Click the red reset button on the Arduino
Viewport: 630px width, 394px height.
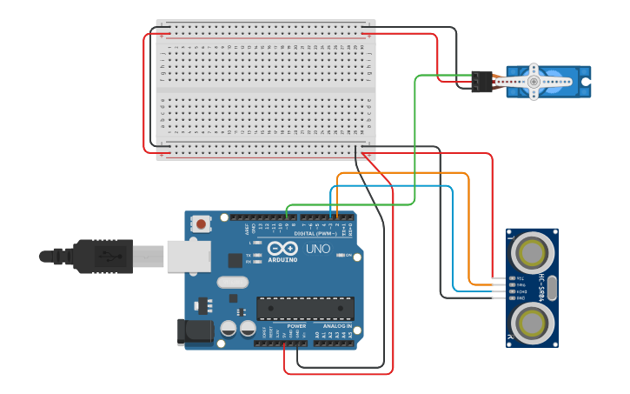(x=202, y=224)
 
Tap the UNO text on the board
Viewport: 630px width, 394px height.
(x=319, y=249)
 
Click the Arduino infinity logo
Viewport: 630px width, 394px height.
(x=282, y=248)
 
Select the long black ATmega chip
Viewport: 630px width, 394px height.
(x=305, y=308)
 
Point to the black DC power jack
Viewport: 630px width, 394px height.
(x=195, y=331)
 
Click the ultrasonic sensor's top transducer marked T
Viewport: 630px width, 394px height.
(x=530, y=253)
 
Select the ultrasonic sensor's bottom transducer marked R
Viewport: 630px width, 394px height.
(x=530, y=321)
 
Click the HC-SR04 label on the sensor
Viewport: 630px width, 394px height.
(x=541, y=288)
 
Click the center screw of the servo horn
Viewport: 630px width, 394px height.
(x=533, y=82)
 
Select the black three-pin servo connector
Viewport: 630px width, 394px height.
(x=481, y=82)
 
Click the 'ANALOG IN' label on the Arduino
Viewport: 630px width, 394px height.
(x=337, y=326)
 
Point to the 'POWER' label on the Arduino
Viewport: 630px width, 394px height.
(x=296, y=326)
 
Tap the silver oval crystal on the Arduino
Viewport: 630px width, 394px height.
(x=232, y=282)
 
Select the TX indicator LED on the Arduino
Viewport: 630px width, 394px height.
(x=256, y=254)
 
